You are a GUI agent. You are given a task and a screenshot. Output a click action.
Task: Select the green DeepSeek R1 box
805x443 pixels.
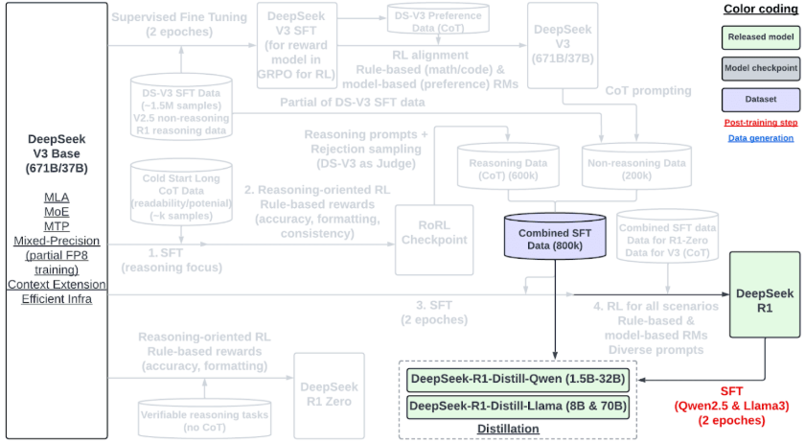[x=764, y=295]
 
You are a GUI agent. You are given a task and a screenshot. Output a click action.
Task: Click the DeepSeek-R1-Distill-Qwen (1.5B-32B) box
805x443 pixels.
[x=518, y=379]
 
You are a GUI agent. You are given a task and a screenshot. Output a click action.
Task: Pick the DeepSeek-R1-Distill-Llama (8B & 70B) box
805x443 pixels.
[x=518, y=406]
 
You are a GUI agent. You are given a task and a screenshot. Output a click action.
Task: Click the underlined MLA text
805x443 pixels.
[x=56, y=198]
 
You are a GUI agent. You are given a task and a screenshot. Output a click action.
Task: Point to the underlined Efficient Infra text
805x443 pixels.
[x=56, y=299]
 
